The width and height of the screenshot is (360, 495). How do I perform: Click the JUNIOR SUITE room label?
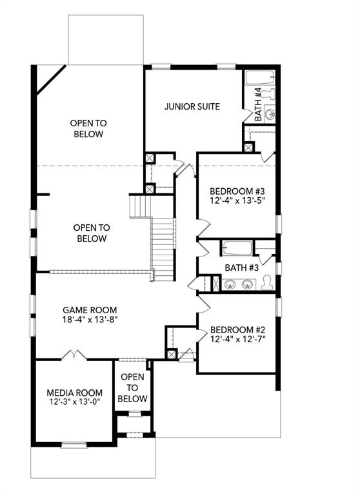(192, 106)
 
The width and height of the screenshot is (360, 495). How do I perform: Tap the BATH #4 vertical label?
(258, 105)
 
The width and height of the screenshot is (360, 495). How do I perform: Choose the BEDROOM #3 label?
(237, 191)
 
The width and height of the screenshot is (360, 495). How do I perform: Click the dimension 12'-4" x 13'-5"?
(237, 201)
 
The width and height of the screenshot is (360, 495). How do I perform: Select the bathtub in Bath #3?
(236, 247)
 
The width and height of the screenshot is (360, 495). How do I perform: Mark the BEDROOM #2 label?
(237, 327)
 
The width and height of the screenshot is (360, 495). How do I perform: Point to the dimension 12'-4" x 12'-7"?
(237, 338)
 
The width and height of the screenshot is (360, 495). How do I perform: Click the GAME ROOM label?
(90, 309)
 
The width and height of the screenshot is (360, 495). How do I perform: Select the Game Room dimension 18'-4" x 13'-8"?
(90, 319)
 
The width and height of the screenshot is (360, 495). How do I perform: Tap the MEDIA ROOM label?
(75, 393)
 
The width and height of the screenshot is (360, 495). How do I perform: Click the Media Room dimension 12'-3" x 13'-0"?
(74, 402)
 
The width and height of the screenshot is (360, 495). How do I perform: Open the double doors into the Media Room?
(74, 355)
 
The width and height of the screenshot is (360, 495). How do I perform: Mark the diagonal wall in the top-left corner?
(50, 79)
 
